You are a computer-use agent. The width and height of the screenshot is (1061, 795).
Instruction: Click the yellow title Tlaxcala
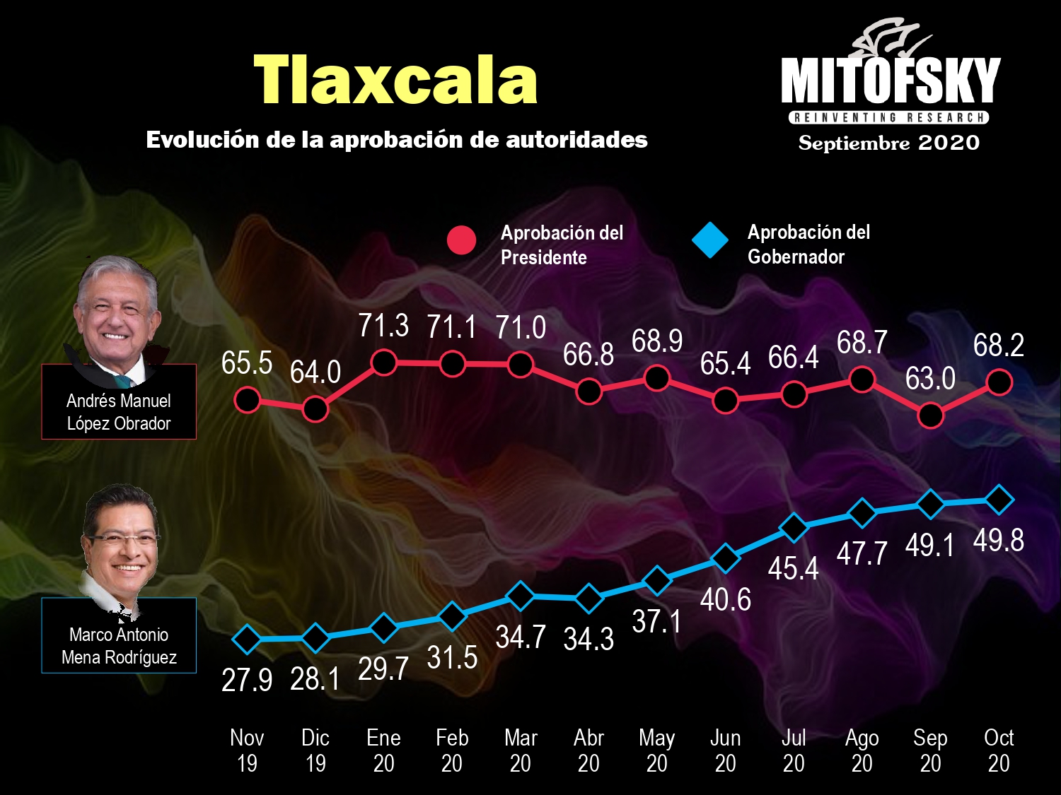(x=395, y=81)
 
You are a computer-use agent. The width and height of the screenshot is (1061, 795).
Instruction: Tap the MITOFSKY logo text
(x=890, y=81)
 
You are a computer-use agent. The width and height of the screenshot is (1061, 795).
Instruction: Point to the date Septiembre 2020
(x=888, y=143)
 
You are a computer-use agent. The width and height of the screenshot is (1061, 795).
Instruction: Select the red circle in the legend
(x=461, y=240)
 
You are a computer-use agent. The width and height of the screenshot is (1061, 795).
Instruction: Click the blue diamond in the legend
(x=710, y=240)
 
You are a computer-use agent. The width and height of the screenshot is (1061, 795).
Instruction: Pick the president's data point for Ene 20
(x=383, y=363)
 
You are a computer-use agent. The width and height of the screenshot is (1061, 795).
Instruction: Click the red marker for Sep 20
(x=930, y=416)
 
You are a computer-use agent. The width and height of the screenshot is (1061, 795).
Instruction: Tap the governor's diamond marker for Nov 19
(x=247, y=640)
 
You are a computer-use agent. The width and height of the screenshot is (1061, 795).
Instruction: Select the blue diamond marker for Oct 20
(x=999, y=500)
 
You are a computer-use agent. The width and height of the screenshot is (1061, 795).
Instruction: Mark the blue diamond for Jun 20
(x=725, y=558)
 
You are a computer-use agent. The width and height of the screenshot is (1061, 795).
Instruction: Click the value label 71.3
(x=383, y=326)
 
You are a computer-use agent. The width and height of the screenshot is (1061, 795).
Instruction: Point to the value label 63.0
(x=930, y=379)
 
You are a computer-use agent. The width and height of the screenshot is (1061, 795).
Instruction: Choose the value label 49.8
(x=998, y=541)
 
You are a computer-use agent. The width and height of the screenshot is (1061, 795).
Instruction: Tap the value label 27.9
(x=247, y=680)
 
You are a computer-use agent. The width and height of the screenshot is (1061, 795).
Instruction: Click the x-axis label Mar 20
(x=521, y=750)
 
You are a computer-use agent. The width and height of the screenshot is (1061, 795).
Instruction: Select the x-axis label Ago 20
(x=862, y=750)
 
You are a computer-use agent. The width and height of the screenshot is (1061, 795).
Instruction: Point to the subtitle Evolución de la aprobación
(x=397, y=140)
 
